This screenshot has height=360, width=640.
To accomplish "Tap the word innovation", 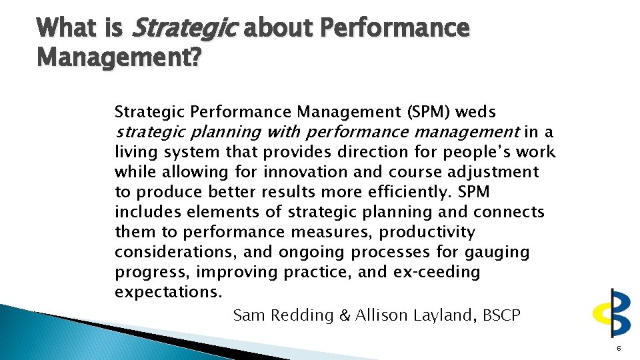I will (x=305, y=172).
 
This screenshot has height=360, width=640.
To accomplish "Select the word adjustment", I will (x=494, y=172).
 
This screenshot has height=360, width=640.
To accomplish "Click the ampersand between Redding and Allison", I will (x=345, y=315).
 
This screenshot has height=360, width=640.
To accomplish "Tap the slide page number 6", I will (x=619, y=348).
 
